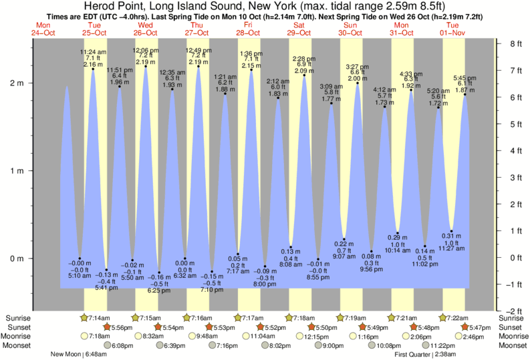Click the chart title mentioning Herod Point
265,7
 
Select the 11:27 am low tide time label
450,248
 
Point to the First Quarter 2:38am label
425,354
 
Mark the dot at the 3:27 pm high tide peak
358,83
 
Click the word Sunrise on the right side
511,317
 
